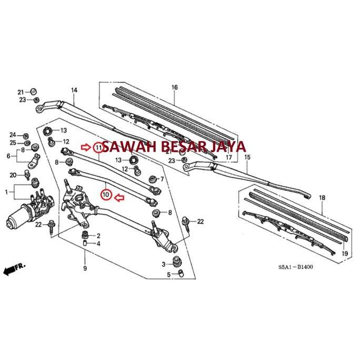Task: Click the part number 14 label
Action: click(74, 90)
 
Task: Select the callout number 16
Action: click(175, 87)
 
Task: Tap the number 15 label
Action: click(247, 157)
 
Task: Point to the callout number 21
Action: click(21, 91)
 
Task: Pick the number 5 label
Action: click(169, 274)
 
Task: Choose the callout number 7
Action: click(162, 179)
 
